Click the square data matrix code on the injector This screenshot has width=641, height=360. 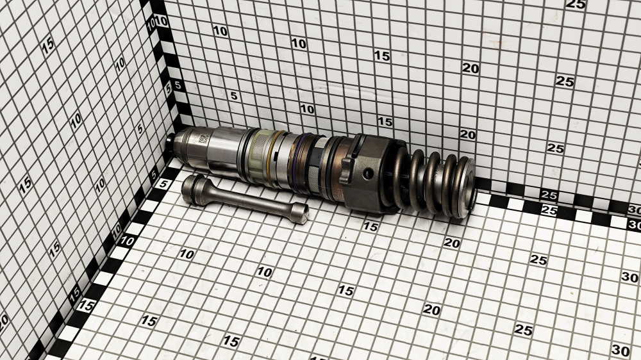coord(204,139)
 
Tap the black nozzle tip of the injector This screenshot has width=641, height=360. coord(169,142)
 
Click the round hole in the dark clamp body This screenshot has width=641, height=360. coord(369,174)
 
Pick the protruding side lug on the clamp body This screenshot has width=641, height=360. coord(346,170)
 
